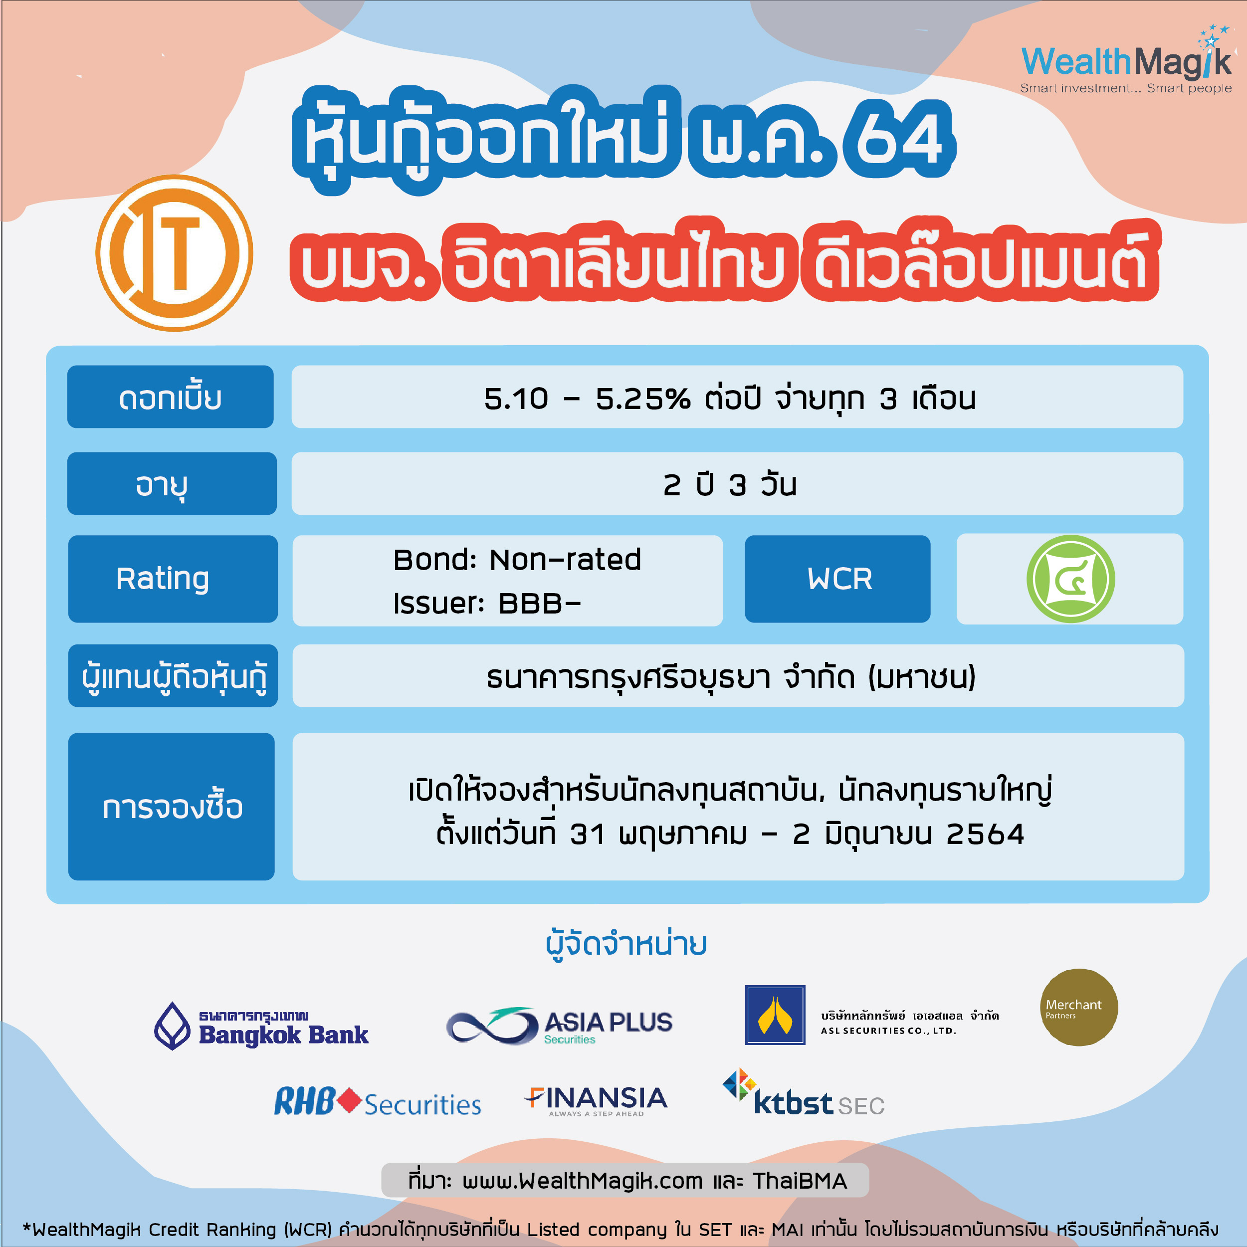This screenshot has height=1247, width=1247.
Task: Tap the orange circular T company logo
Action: pos(174,253)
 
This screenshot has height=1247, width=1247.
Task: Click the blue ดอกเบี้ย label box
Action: pos(171,397)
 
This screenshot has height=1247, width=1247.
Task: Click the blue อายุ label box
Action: pos(172,483)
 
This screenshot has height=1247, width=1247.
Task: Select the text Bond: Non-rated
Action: pos(517,560)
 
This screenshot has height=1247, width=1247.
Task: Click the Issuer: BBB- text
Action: pos(487,604)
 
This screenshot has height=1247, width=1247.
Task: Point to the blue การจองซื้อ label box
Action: pos(172,807)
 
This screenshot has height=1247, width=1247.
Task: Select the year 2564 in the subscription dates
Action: pos(985,834)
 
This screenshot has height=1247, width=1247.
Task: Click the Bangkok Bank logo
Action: pos(261,1026)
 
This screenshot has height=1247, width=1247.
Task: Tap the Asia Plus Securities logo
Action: pos(560,1026)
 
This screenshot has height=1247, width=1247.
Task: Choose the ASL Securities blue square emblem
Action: pos(775,1015)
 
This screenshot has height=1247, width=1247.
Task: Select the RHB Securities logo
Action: pos(378,1102)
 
